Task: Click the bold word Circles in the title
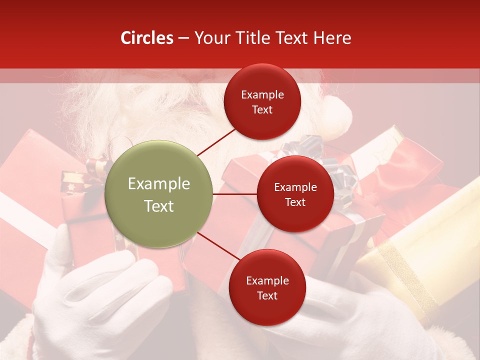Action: click(147, 38)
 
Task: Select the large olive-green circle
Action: click(159, 194)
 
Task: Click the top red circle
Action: click(262, 101)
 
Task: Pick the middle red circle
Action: click(295, 194)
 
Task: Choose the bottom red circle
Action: click(267, 287)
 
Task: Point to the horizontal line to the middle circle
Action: click(234, 194)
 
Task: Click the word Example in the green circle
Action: click(159, 184)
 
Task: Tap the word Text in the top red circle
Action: click(262, 109)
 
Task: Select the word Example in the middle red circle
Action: click(295, 187)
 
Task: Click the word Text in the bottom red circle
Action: click(267, 295)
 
